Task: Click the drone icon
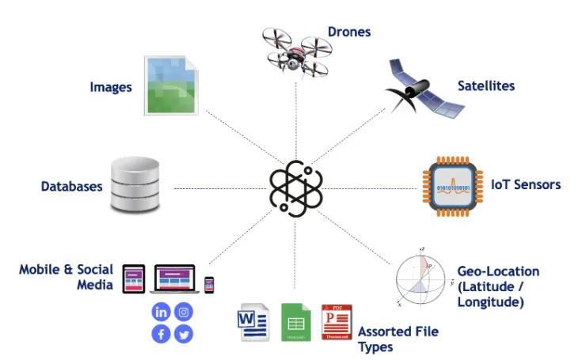(x=295, y=49)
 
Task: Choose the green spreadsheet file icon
(x=295, y=323)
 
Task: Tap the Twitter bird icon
(x=184, y=334)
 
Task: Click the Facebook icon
(x=162, y=334)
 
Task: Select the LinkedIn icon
(x=162, y=312)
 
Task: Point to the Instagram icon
(x=184, y=312)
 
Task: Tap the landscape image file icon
(x=167, y=85)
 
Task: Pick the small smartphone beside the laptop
(x=210, y=284)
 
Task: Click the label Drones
(x=349, y=32)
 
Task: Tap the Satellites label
(x=486, y=85)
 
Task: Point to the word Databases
(x=72, y=187)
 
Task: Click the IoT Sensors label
(x=526, y=184)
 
